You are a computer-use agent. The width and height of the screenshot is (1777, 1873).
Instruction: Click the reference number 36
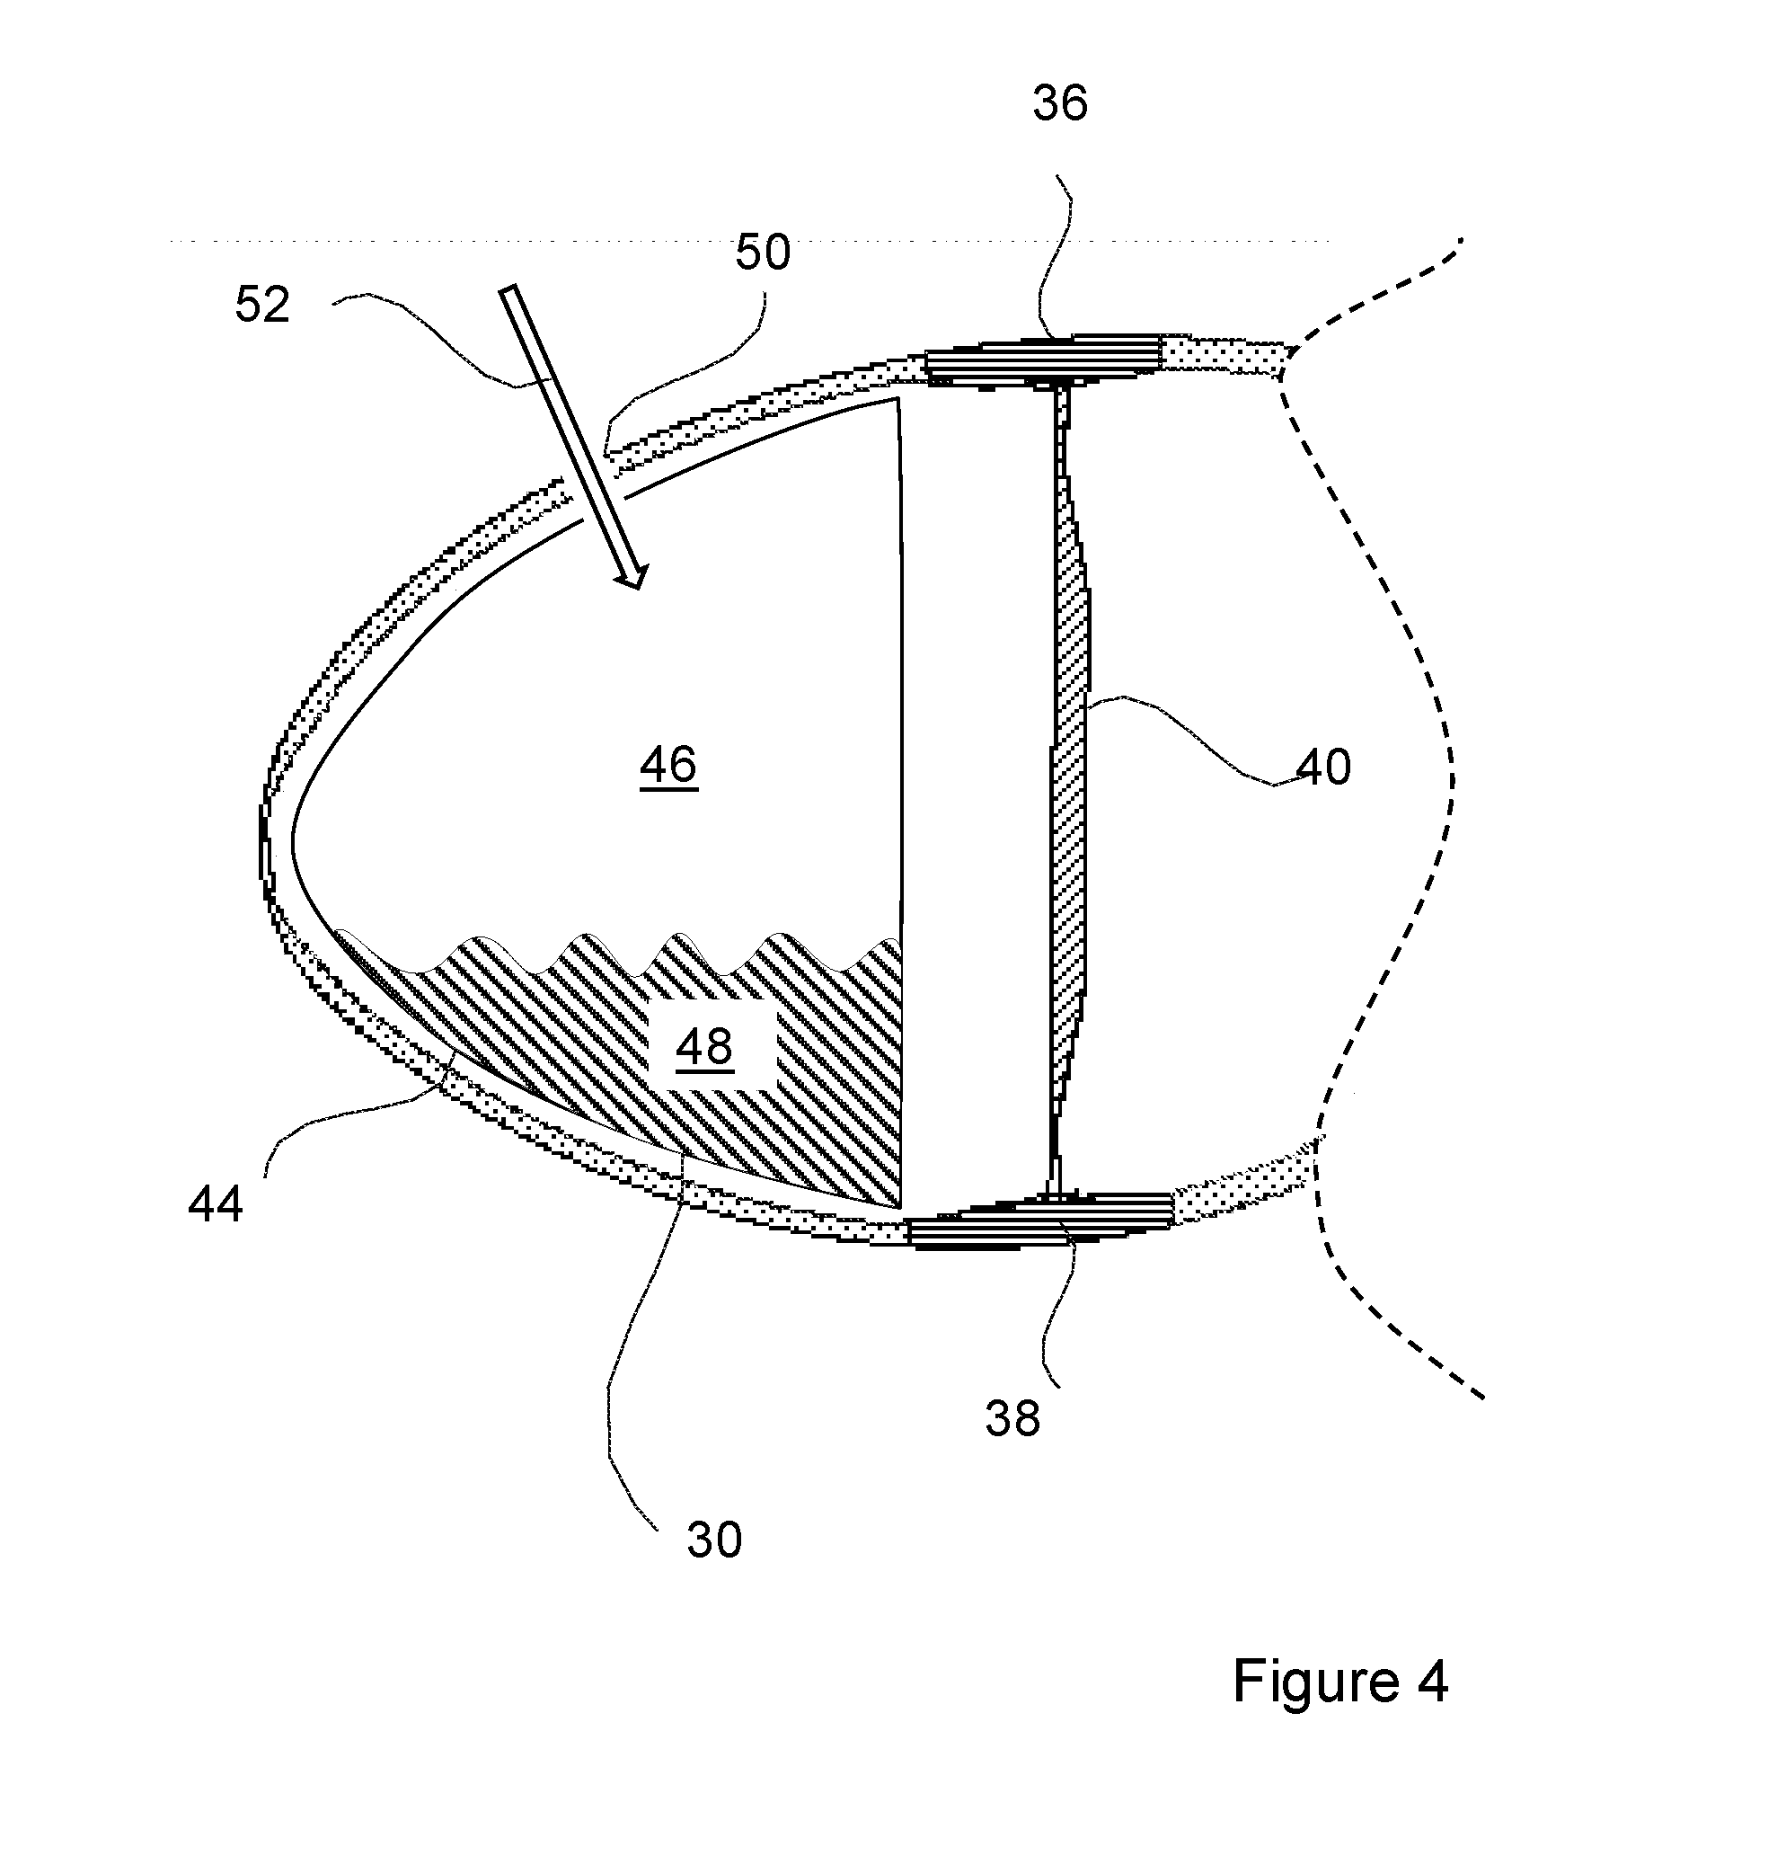click(x=1060, y=103)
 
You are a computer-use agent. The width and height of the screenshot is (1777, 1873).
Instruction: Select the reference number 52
click(x=262, y=305)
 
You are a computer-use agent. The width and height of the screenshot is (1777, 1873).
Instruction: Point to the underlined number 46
click(x=668, y=764)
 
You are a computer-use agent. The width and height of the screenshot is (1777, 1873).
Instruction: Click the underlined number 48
click(x=704, y=1046)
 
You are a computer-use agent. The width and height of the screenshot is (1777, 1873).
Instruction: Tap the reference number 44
click(x=216, y=1205)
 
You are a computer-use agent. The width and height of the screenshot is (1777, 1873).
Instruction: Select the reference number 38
click(x=1012, y=1419)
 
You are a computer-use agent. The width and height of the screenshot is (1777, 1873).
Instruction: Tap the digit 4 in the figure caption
click(x=1432, y=1682)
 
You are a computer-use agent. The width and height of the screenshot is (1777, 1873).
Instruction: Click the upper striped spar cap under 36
click(x=1043, y=360)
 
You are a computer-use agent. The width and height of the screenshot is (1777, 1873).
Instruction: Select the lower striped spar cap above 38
click(x=1040, y=1223)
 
